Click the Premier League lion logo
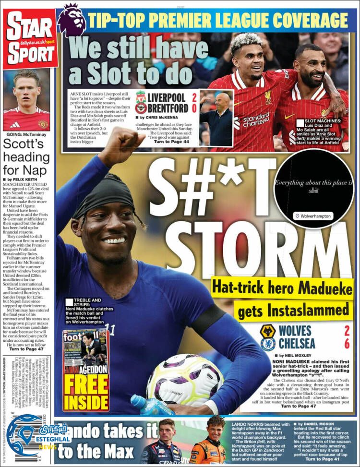point(72,20)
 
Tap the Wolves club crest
point(267,331)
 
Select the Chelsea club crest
point(267,344)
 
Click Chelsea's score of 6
point(347,344)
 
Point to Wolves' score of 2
point(347,331)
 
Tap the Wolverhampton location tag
point(313,216)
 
